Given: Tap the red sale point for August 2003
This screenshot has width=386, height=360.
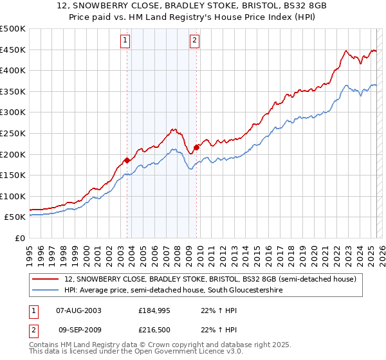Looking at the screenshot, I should tap(127, 160).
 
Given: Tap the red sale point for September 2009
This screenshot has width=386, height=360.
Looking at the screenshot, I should tap(196, 147).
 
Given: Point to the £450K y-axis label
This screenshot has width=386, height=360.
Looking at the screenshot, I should tap(14, 50).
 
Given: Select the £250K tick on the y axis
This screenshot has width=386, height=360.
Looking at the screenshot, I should tap(14, 133).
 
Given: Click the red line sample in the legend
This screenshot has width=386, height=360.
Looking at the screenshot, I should tap(46, 279).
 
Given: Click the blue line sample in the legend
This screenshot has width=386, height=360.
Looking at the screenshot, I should tap(46, 291).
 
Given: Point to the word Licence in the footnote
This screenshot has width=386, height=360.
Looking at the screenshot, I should tap(179, 352).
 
